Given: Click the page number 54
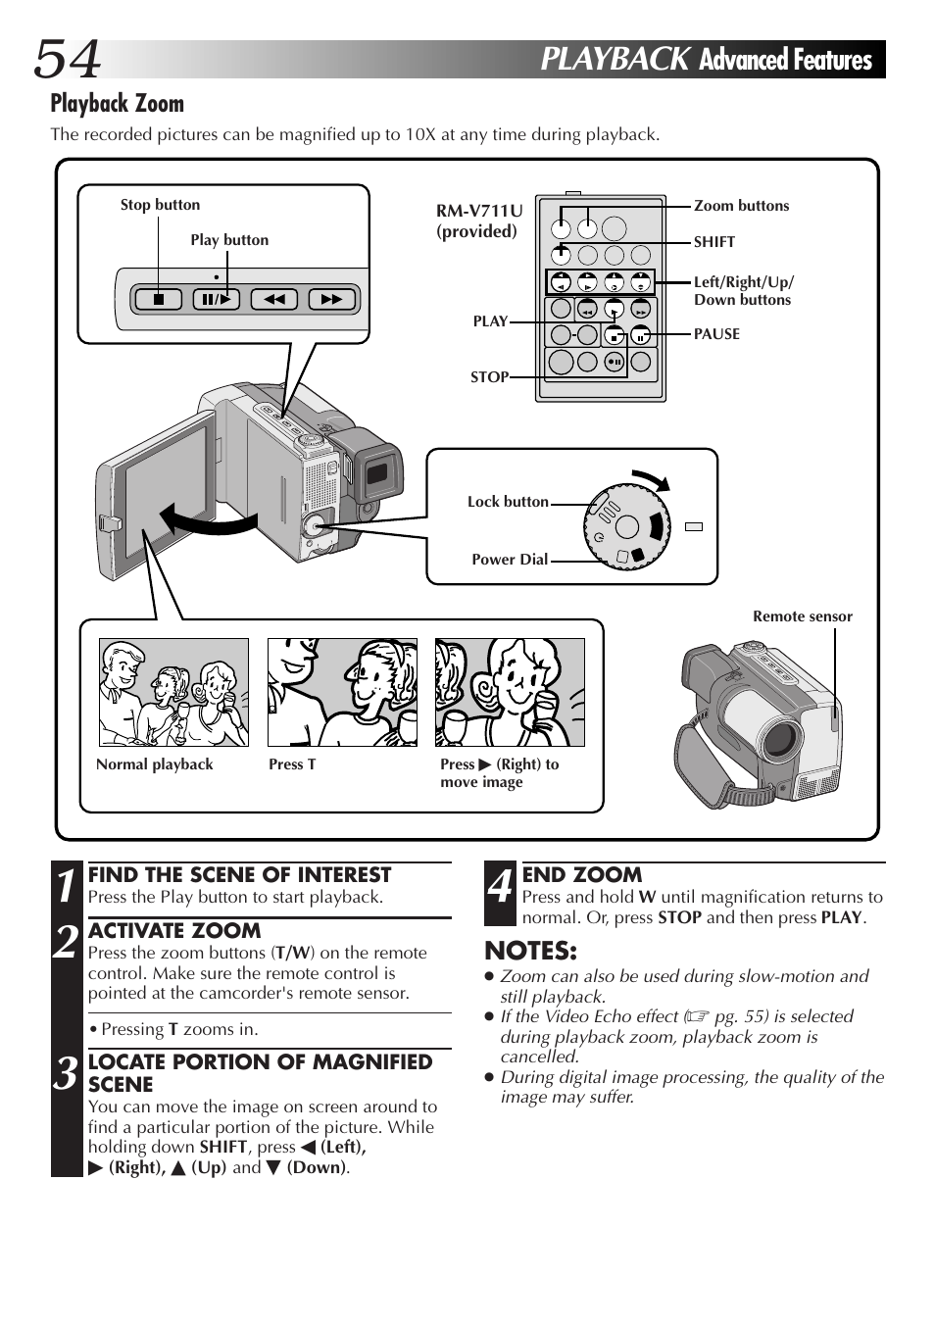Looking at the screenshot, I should (x=68, y=59).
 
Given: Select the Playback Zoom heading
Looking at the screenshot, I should (x=117, y=103).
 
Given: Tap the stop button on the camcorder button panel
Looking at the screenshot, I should (x=159, y=299).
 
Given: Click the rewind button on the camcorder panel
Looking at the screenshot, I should (x=273, y=299).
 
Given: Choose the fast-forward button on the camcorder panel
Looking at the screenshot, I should (x=331, y=299).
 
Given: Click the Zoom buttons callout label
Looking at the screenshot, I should (x=741, y=206).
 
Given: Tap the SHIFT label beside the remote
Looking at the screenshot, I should (x=714, y=242).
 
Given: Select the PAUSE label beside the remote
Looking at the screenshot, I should (x=716, y=334).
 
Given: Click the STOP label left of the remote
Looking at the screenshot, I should (x=489, y=377).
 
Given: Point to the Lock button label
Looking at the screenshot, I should (x=508, y=502).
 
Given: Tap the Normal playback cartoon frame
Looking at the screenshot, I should (x=173, y=692).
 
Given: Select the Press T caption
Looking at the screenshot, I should (x=292, y=764).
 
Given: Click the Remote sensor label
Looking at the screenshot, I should (x=802, y=616).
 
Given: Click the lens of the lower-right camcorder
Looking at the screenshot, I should (x=780, y=737).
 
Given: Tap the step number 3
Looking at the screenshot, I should (x=66, y=1074).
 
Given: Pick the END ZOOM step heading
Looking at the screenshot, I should (x=582, y=874).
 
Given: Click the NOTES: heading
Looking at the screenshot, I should (x=530, y=951).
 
